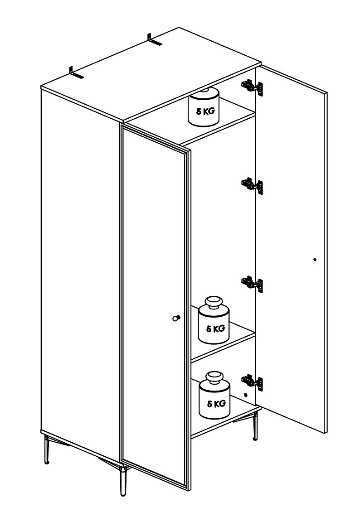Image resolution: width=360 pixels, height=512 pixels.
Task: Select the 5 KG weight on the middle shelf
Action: (x=214, y=320)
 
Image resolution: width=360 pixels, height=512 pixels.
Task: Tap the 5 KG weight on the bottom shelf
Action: (x=214, y=395)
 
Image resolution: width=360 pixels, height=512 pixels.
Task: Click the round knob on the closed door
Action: (x=176, y=318)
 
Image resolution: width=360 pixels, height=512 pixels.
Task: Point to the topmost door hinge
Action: (x=252, y=87)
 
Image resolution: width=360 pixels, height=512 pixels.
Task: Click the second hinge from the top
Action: (x=252, y=186)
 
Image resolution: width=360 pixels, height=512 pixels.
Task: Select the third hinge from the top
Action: (x=252, y=284)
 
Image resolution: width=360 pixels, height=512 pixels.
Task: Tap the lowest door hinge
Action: (x=252, y=382)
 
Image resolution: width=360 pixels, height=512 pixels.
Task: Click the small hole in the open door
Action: (x=315, y=260)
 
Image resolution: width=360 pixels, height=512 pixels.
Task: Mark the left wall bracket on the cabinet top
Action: (x=76, y=73)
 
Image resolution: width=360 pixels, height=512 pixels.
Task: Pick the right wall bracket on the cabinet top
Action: (x=155, y=40)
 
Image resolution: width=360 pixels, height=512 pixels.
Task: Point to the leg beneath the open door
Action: (x=255, y=426)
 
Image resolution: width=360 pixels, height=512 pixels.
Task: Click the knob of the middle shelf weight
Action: (x=214, y=302)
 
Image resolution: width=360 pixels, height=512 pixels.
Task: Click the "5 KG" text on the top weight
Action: (x=205, y=111)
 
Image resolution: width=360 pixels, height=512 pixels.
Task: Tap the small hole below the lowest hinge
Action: (x=246, y=395)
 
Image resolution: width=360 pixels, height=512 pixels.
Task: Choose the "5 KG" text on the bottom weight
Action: (x=216, y=404)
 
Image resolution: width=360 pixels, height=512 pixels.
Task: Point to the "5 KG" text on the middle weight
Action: (x=216, y=328)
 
